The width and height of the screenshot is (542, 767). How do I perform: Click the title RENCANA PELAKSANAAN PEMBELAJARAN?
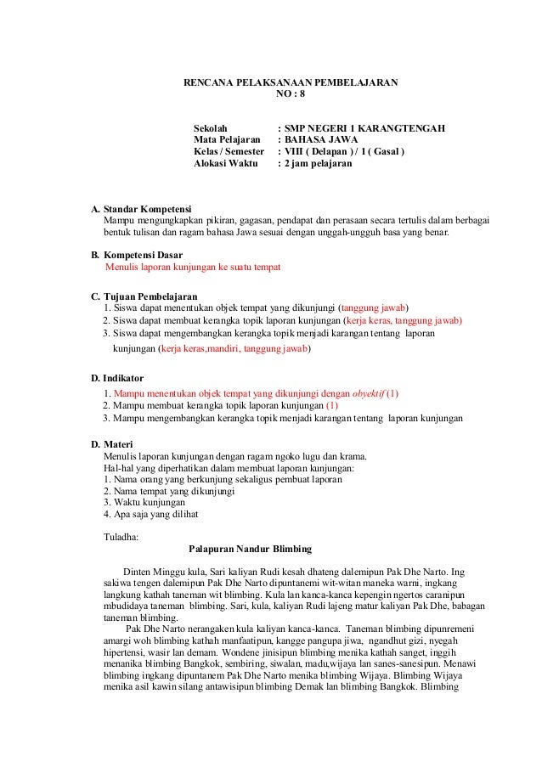[x=291, y=84]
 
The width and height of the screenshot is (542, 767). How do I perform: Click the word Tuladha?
[x=121, y=537]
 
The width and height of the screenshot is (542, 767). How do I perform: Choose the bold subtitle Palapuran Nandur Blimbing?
[x=251, y=549]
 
